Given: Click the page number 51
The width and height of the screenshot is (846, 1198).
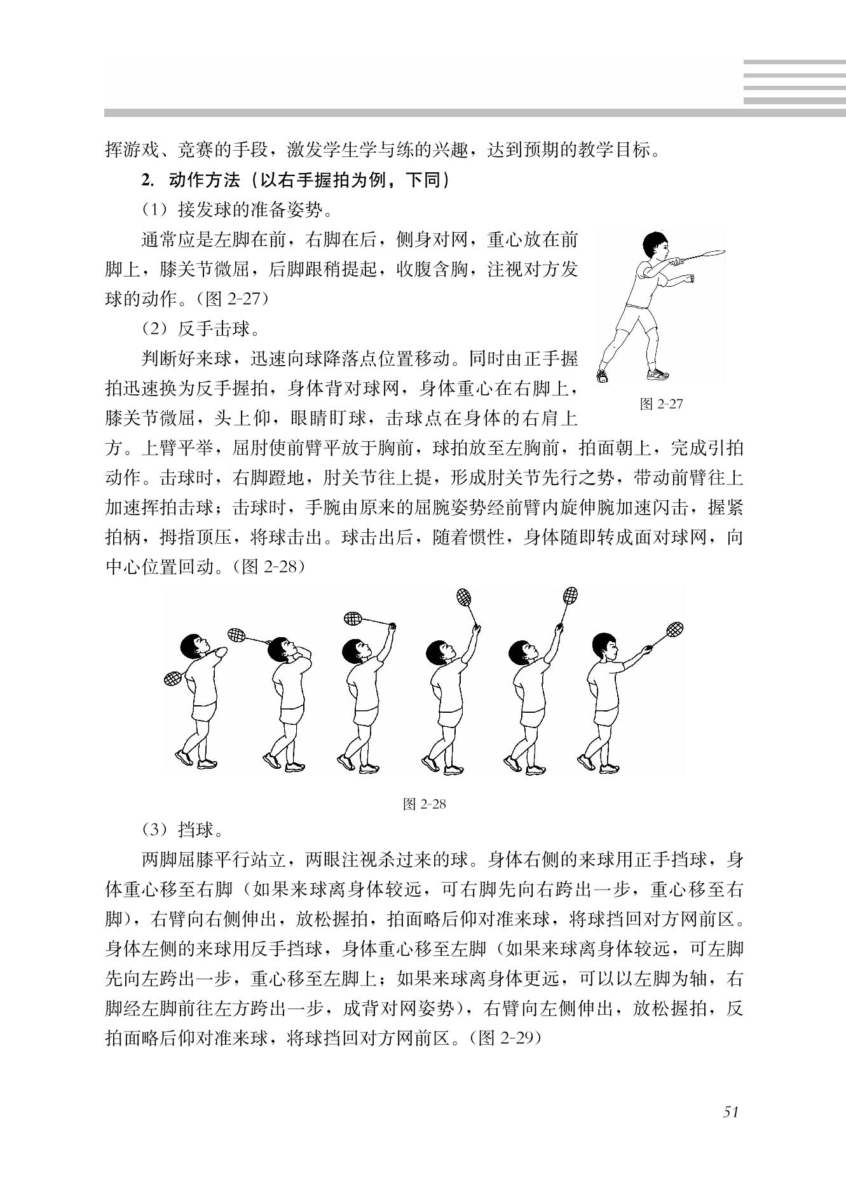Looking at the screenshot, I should click(730, 1112).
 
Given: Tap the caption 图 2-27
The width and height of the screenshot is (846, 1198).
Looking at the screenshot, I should click(661, 404).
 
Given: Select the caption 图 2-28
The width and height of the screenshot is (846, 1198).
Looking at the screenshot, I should click(425, 804).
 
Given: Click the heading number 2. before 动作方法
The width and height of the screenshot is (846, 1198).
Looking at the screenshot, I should click(148, 181).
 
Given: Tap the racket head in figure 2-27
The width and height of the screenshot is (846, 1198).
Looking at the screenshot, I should click(714, 254).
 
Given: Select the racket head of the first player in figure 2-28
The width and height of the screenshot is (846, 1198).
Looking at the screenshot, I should click(173, 679).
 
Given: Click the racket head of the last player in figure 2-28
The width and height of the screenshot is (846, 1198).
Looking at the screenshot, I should click(675, 630).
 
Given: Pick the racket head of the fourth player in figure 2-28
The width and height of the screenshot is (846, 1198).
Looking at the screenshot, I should click(465, 597).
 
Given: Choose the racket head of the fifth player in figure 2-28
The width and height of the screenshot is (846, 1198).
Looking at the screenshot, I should click(570, 596).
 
